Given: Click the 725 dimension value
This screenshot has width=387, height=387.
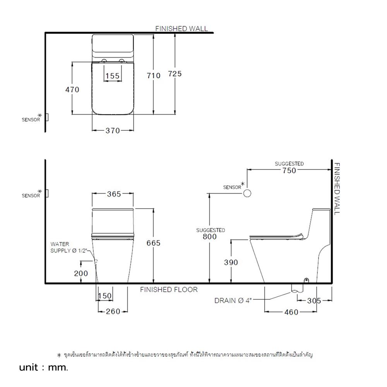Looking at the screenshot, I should tap(175, 74).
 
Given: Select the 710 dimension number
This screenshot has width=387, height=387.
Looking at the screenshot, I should tap(154, 75).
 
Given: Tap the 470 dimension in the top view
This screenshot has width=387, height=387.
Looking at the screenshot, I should tap(72, 89).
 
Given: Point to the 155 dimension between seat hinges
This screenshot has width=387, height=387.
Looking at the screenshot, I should tap(112, 76).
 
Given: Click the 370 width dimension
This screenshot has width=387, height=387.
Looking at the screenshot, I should tap(113, 131).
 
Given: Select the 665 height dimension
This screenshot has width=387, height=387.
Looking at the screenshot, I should tap(153, 243).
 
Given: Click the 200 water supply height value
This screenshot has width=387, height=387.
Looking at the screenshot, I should tap(81, 273).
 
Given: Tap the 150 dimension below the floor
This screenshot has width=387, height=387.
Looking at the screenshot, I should tap(104, 296).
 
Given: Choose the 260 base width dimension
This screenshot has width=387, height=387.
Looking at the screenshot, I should tap(113, 311).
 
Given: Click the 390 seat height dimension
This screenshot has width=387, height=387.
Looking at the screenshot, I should tap(231, 262).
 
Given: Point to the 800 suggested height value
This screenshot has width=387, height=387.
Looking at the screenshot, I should tap(210, 237).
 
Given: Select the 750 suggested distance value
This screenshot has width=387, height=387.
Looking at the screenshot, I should tap(289, 170).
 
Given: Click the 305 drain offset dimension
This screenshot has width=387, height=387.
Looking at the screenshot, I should tap(314, 300).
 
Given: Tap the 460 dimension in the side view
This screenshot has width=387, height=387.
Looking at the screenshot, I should tap(291, 312).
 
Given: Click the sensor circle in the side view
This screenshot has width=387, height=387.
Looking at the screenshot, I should tap(247, 193).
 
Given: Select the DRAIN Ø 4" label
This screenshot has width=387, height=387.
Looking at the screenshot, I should tap(233, 301).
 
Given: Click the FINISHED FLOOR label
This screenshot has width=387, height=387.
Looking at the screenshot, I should tap(169, 289).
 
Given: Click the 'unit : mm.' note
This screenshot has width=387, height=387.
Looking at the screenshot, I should tap(44, 368).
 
